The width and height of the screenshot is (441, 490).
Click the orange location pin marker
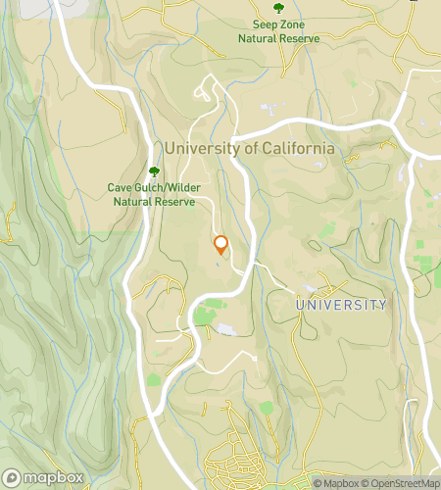coord(220,245)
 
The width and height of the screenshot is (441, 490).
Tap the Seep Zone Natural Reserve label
coord(279,32)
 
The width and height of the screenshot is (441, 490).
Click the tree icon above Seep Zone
coord(279,9)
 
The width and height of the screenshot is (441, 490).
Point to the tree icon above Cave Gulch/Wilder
coord(154,170)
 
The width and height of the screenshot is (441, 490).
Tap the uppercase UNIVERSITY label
coord(341,306)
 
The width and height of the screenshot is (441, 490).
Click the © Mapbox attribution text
coord(337,482)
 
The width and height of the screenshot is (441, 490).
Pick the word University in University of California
coord(201,148)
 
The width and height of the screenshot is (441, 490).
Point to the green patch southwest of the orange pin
coord(204,316)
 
